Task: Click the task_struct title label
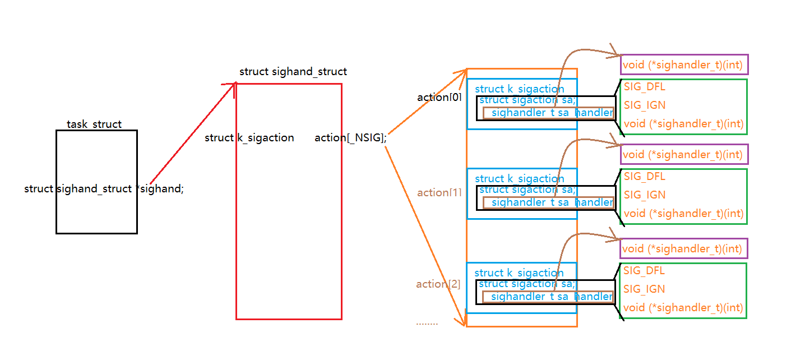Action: tap(94, 124)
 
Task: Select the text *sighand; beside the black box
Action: tap(161, 189)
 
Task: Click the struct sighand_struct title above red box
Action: tap(293, 72)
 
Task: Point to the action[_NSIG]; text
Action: tap(350, 138)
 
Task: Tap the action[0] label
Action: tap(439, 98)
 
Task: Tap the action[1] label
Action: tap(439, 193)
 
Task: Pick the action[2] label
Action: tap(438, 284)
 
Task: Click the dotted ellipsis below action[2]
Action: tap(427, 324)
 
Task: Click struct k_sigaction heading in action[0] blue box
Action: tap(519, 89)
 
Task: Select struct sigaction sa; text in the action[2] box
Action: tap(526, 284)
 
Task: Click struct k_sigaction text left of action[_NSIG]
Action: tap(249, 138)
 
